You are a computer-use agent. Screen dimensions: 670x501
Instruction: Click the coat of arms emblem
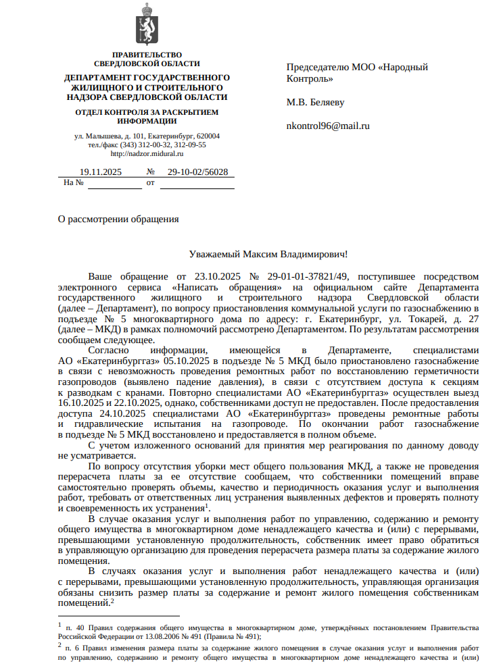click(147, 24)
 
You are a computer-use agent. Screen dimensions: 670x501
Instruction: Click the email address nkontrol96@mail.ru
click(328, 126)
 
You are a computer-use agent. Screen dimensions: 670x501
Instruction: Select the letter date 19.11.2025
click(101, 172)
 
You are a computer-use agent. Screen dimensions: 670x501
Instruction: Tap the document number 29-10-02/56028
click(197, 172)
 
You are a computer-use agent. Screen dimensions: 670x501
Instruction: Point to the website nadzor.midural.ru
click(147, 154)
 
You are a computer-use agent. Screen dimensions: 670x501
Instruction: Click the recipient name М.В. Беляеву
click(315, 103)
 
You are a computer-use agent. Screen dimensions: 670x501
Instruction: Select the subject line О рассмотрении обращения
click(118, 219)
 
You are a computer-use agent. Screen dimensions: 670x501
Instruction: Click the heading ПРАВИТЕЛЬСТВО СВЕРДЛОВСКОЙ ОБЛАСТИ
click(147, 59)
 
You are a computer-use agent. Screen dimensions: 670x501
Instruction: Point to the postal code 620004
click(207, 136)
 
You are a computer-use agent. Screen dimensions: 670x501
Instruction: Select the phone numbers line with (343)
click(147, 145)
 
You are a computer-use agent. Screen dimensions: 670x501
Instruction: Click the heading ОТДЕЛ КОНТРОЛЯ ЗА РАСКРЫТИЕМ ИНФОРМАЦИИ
click(147, 117)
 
